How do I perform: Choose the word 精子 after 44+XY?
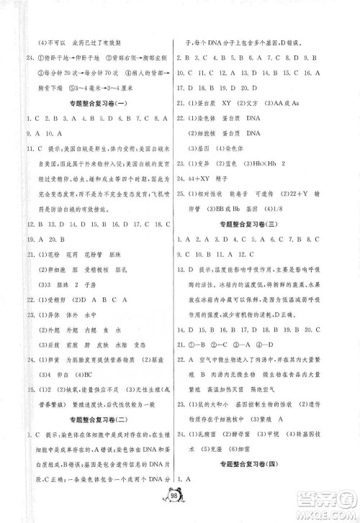[216, 176]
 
